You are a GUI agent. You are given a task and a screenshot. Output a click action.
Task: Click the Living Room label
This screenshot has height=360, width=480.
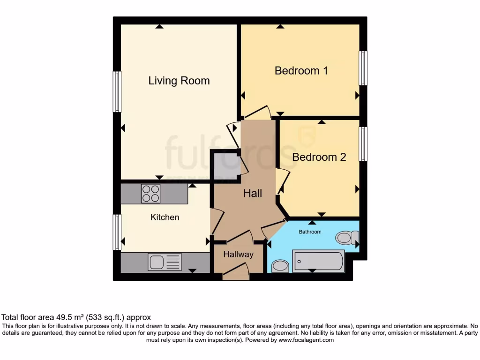(x=179, y=81)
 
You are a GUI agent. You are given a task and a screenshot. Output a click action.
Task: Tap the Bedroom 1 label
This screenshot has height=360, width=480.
(x=301, y=71)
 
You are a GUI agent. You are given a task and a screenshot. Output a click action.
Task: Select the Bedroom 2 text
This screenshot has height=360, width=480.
(x=319, y=157)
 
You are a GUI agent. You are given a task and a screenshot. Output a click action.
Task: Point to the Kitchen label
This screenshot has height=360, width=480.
(x=165, y=217)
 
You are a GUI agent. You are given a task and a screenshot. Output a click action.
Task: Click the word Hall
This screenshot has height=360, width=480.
(x=252, y=193)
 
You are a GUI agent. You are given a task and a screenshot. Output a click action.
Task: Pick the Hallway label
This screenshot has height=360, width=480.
(x=238, y=255)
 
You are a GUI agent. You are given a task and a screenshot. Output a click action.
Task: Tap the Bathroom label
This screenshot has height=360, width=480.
(x=310, y=232)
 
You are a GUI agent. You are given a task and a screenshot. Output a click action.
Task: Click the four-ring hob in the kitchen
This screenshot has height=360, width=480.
(x=150, y=194)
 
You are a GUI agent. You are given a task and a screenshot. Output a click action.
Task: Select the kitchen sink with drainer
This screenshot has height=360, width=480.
(x=165, y=262)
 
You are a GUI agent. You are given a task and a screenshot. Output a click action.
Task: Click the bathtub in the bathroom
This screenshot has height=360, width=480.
(x=318, y=261)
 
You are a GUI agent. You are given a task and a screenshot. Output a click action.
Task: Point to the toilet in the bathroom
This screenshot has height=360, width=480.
(x=346, y=238)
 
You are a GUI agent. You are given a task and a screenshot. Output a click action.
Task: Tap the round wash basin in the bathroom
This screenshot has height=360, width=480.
(x=280, y=266)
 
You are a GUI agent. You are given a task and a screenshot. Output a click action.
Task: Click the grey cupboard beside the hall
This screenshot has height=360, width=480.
(x=225, y=166)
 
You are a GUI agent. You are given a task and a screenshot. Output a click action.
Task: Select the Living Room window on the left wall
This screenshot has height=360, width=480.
(x=117, y=92)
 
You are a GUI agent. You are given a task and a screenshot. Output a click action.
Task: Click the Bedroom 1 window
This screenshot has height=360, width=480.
(x=363, y=68)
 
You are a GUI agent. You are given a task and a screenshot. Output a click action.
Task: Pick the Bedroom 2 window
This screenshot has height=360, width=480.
(x=363, y=144)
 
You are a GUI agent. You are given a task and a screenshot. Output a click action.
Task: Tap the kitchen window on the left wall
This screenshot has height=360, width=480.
(x=117, y=232)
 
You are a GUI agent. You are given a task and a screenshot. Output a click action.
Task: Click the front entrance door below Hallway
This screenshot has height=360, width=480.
(x=236, y=273)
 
